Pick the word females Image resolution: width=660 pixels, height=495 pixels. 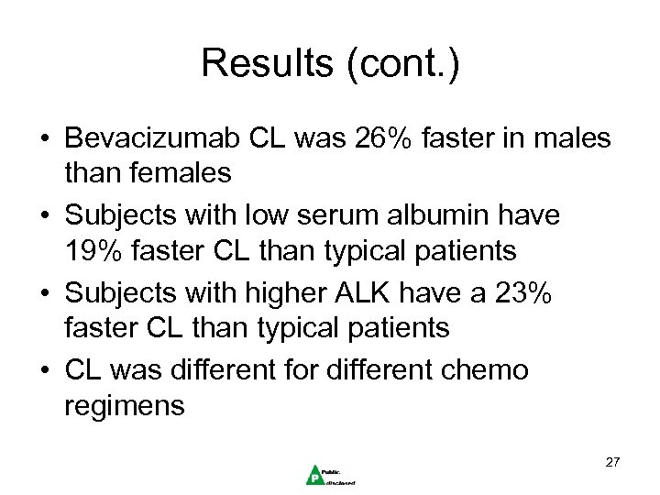[x=170, y=170]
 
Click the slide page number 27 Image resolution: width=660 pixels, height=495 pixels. [x=613, y=461]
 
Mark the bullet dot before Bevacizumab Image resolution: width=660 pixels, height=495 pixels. [x=43, y=139]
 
